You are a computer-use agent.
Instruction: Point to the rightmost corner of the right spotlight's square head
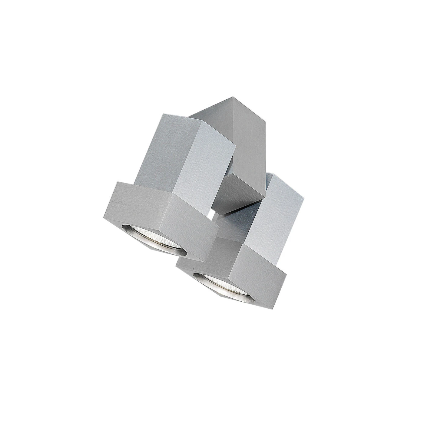point(286,276)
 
